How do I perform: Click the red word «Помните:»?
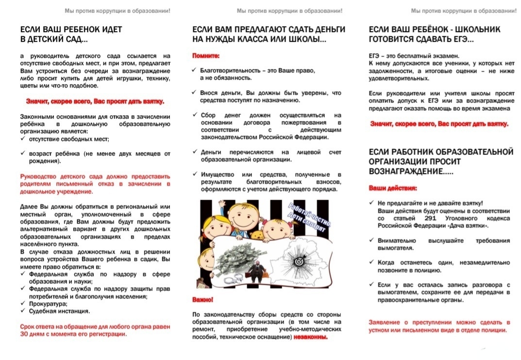pos(206,56)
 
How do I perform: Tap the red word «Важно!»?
pos(202,299)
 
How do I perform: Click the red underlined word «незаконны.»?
pos(310,337)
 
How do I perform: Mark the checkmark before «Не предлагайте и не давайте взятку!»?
pos(371,203)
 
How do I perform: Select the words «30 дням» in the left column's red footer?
pos(34,334)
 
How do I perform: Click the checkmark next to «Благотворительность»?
pos(195,70)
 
